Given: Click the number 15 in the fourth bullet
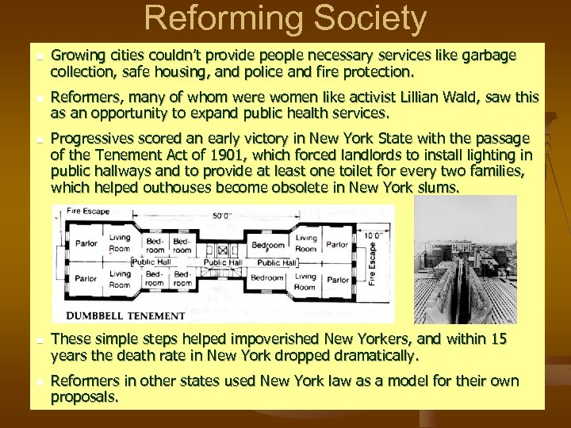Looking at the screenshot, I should point(498,339).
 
